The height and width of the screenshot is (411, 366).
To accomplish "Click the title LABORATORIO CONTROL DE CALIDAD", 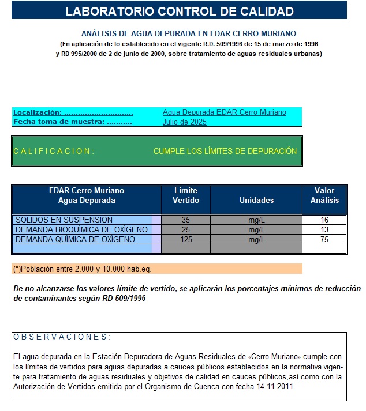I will click(x=179, y=11).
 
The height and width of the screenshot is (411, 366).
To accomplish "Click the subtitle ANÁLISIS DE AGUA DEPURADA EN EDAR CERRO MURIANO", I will click(x=189, y=34).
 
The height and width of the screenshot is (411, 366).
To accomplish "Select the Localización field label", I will click(x=73, y=112).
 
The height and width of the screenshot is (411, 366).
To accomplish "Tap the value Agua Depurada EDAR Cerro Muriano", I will click(x=224, y=112).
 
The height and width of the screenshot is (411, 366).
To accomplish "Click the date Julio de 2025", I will click(x=185, y=122).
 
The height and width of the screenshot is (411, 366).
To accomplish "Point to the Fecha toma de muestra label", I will click(x=73, y=122).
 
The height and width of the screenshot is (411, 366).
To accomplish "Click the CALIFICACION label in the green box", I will click(x=54, y=151).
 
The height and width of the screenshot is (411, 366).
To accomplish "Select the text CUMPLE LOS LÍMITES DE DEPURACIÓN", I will click(x=225, y=151).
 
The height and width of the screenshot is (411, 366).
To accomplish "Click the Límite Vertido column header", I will click(x=186, y=195).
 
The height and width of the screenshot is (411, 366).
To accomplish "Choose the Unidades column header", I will click(x=256, y=200).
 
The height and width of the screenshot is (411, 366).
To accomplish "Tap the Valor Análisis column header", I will click(x=324, y=195).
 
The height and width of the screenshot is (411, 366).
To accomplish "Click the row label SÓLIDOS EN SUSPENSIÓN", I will click(x=64, y=220).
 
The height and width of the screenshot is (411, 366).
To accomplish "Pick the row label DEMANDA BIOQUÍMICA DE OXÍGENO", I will click(x=81, y=229).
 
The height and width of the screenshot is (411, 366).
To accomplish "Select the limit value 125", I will click(x=186, y=239).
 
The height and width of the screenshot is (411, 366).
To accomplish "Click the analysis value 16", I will click(x=324, y=220).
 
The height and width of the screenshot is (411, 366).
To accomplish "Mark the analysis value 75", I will click(x=324, y=239).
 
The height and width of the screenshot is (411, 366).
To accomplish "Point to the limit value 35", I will click(x=186, y=220).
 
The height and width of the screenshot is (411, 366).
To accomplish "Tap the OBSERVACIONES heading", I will click(x=62, y=337).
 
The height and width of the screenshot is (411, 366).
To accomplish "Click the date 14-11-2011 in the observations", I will click(x=275, y=387).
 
